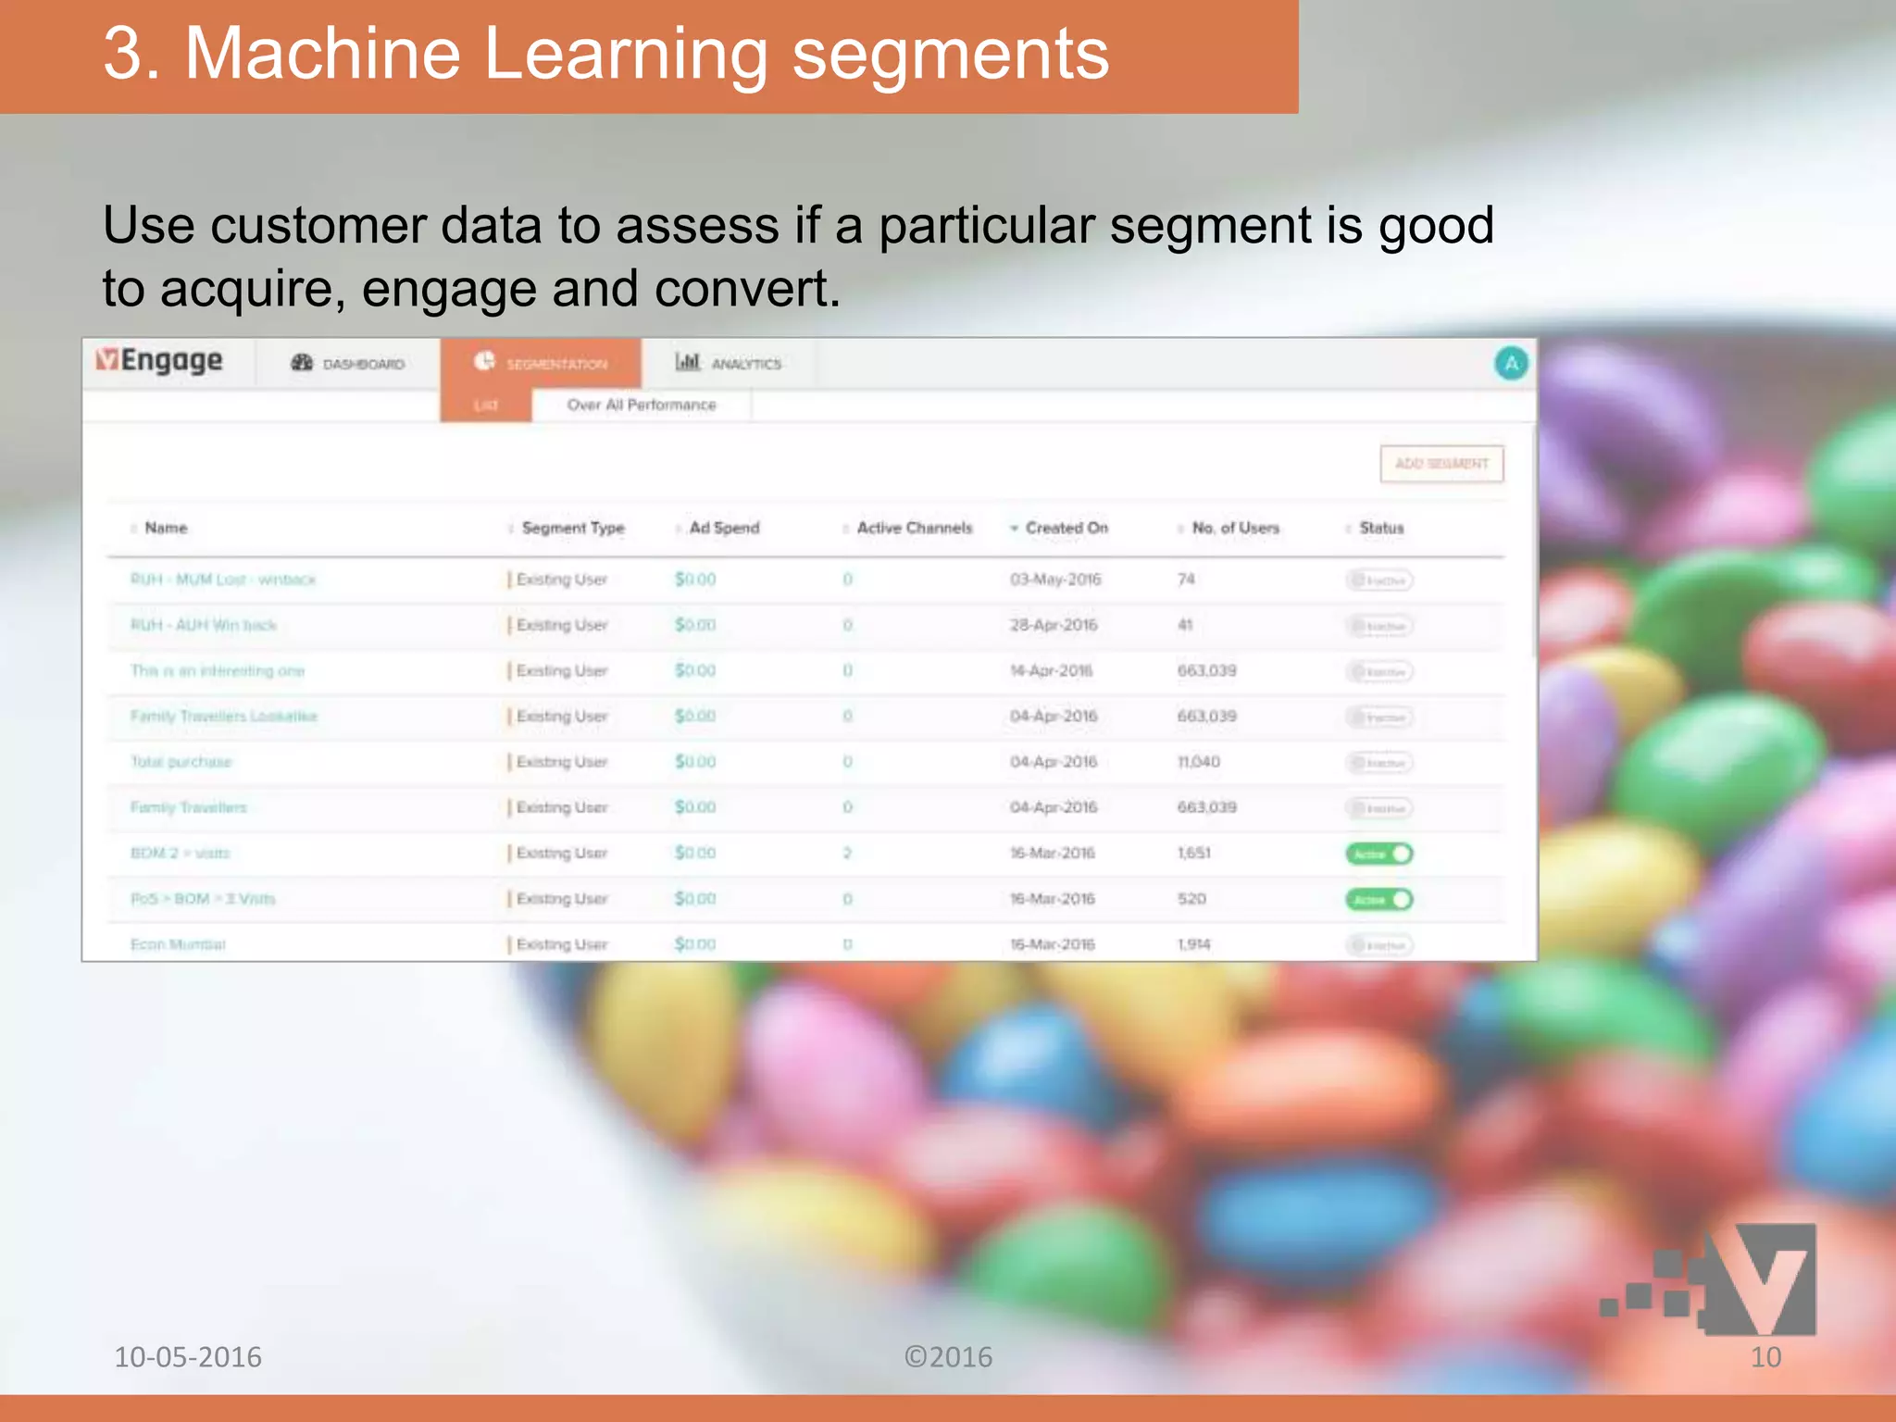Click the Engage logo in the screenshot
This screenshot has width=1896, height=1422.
pos(159,360)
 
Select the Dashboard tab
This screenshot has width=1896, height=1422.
pos(349,364)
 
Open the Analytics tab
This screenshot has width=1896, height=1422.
pos(729,364)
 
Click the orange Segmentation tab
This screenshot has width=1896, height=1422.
pos(542,364)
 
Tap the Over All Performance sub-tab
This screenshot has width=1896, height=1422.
pos(642,405)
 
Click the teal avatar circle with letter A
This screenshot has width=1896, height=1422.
pos(1511,363)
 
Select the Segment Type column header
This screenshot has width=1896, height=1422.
pos(573,528)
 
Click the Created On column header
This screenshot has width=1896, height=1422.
pos(1066,528)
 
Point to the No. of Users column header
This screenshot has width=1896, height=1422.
pos(1235,528)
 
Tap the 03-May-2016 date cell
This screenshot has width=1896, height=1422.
pos(1055,580)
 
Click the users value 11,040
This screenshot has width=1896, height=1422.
pos(1199,762)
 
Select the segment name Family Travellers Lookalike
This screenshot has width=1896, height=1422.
pos(224,717)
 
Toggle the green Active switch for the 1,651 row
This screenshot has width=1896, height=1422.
pos(1379,854)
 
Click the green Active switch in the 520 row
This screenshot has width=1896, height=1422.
pos(1379,899)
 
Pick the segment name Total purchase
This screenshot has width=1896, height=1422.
pos(181,762)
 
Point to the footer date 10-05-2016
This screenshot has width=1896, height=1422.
pos(188,1357)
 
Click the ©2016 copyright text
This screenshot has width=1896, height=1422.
pos(948,1357)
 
